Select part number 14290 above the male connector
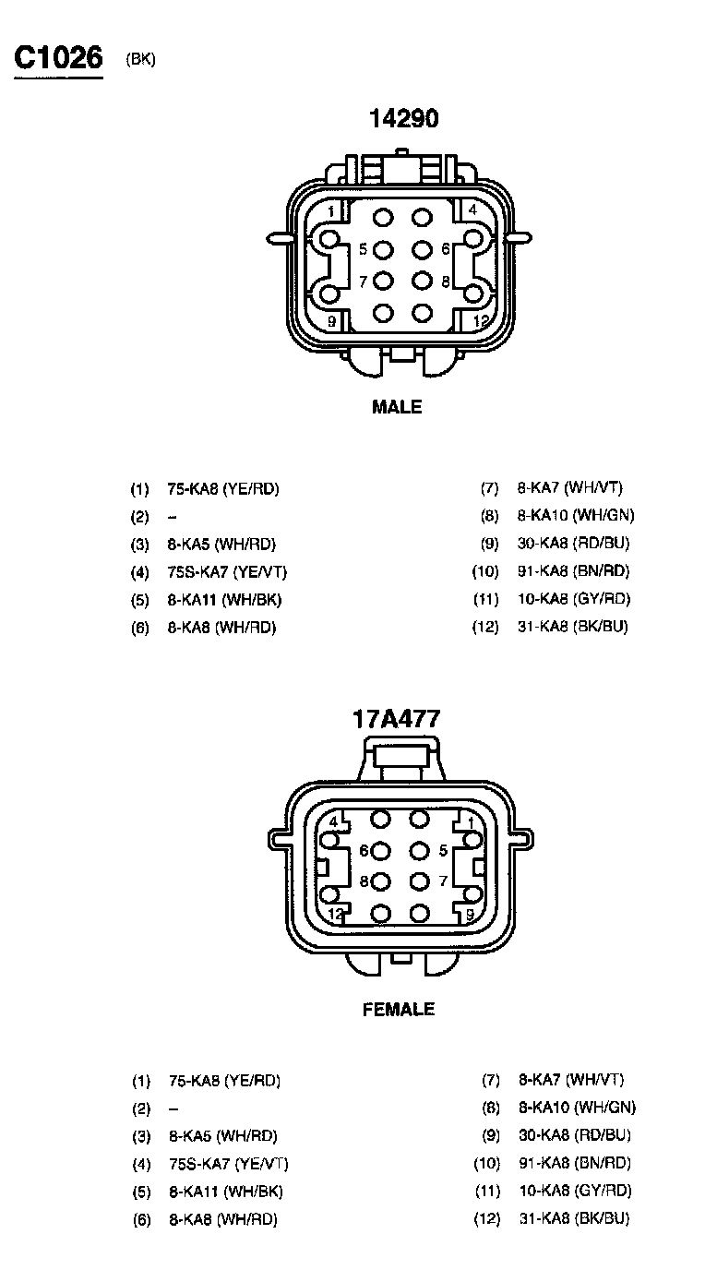pos(403,118)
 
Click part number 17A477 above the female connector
pos(397,719)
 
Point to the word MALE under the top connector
pos(397,407)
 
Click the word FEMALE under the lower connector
pos(398,1010)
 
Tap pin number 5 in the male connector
pos(364,249)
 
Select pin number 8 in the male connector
pos(445,281)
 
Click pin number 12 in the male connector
pos(480,321)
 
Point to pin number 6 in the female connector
pos(364,850)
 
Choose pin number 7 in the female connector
pos(444,881)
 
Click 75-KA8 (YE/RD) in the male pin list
pos(222,488)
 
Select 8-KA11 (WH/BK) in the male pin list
pos(224,599)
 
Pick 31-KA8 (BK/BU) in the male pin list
pos(573,627)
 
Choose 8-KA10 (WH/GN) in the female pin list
pos(577,1108)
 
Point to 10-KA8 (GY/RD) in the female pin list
pos(574,1191)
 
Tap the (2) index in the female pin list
pos(140,1108)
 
